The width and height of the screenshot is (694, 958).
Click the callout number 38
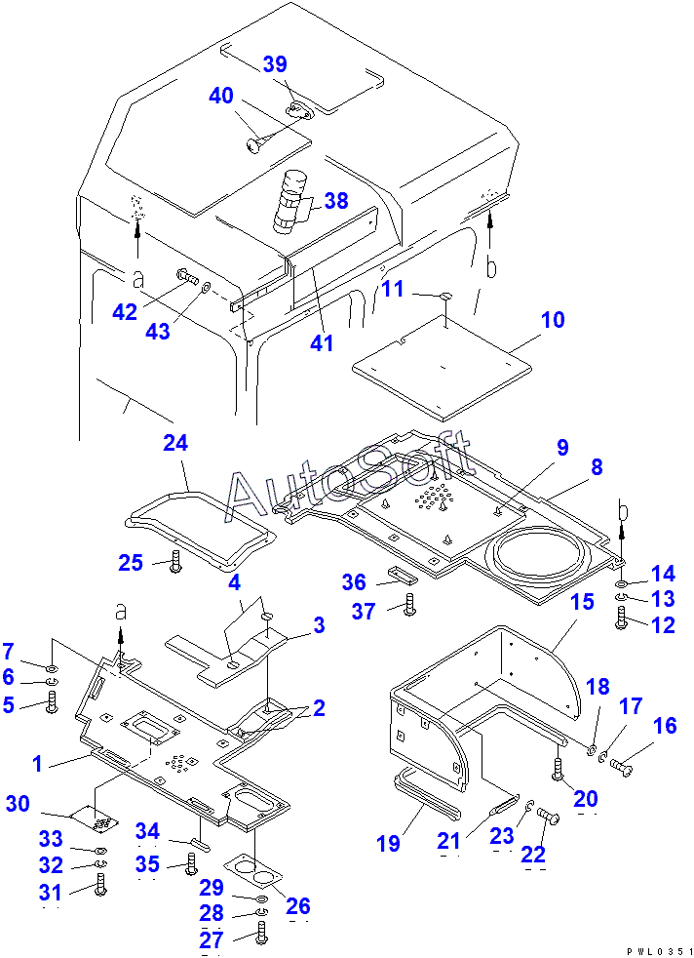click(x=336, y=201)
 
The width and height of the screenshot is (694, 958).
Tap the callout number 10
click(x=553, y=320)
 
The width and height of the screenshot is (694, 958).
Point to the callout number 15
click(x=582, y=602)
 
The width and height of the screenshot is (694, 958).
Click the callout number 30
click(x=18, y=803)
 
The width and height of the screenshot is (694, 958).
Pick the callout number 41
click(x=322, y=342)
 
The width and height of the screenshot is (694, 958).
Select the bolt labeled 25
click(x=174, y=562)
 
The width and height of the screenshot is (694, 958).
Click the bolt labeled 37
click(x=409, y=603)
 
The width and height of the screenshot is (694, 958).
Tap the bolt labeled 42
click(x=185, y=276)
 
